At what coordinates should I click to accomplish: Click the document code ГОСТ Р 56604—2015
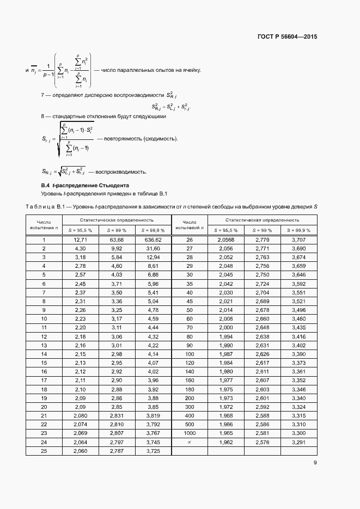[x=286, y=38]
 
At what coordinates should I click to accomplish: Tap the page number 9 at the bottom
[x=315, y=463]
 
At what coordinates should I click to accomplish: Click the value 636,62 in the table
[x=153, y=240]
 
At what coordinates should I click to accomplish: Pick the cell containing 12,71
[x=80, y=240]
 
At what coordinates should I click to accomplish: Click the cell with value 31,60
[x=153, y=249]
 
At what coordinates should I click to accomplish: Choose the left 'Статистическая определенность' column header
[x=117, y=220]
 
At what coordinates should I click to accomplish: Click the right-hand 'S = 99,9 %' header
[x=299, y=230]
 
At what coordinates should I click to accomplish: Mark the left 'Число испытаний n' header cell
[x=44, y=225]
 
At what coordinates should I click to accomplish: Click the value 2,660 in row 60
[x=263, y=318]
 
